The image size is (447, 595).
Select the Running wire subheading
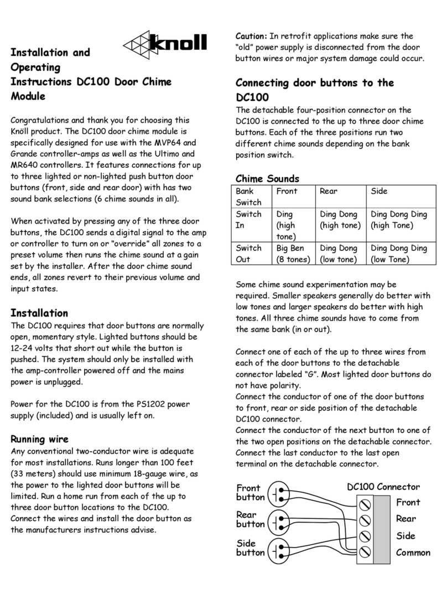click(40, 439)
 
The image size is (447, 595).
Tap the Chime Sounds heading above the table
click(267, 178)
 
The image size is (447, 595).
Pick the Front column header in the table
click(287, 191)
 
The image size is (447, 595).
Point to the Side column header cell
click(379, 191)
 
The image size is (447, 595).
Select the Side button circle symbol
click(279, 550)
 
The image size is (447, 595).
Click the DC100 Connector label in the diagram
click(383, 487)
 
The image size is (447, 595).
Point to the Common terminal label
click(413, 552)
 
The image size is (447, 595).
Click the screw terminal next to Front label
click(365, 504)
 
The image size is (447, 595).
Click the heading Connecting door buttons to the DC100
click(314, 90)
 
